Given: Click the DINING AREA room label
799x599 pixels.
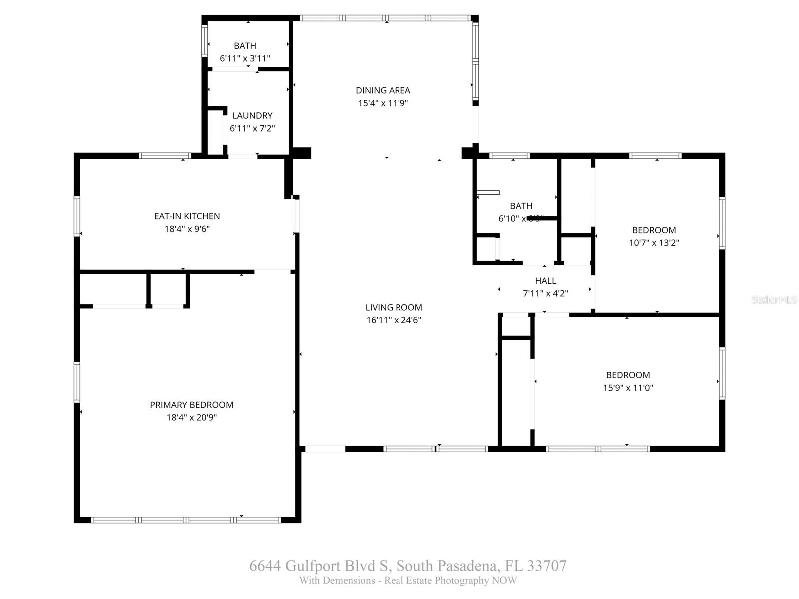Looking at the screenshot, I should click(x=383, y=90).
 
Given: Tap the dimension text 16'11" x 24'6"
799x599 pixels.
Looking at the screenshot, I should click(x=394, y=320).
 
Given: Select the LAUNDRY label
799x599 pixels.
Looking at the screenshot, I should click(x=252, y=115).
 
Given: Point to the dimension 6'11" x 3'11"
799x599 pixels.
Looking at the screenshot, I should click(x=245, y=58).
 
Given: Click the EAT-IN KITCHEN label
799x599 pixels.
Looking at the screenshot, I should click(x=187, y=216).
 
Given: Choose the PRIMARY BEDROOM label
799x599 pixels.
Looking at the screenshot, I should click(x=191, y=405).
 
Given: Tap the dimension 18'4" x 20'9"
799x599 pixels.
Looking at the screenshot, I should click(x=191, y=418).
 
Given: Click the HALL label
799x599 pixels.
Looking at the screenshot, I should click(x=545, y=281).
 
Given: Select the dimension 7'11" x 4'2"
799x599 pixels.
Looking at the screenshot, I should click(x=545, y=294).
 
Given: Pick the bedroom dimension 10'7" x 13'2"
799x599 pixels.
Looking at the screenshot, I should click(x=654, y=243).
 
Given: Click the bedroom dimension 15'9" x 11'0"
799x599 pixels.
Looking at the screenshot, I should click(x=628, y=388).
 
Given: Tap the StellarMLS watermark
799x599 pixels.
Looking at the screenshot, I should click(x=774, y=300).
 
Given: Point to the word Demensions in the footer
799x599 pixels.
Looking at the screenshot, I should click(x=349, y=581).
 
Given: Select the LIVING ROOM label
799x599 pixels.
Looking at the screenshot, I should click(x=394, y=307).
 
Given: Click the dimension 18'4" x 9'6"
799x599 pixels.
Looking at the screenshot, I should click(x=187, y=229).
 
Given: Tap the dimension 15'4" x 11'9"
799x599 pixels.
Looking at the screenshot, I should click(x=383, y=103).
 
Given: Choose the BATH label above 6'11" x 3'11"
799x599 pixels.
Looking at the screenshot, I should click(x=245, y=46).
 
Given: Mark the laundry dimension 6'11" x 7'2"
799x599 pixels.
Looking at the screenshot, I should click(x=252, y=128).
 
